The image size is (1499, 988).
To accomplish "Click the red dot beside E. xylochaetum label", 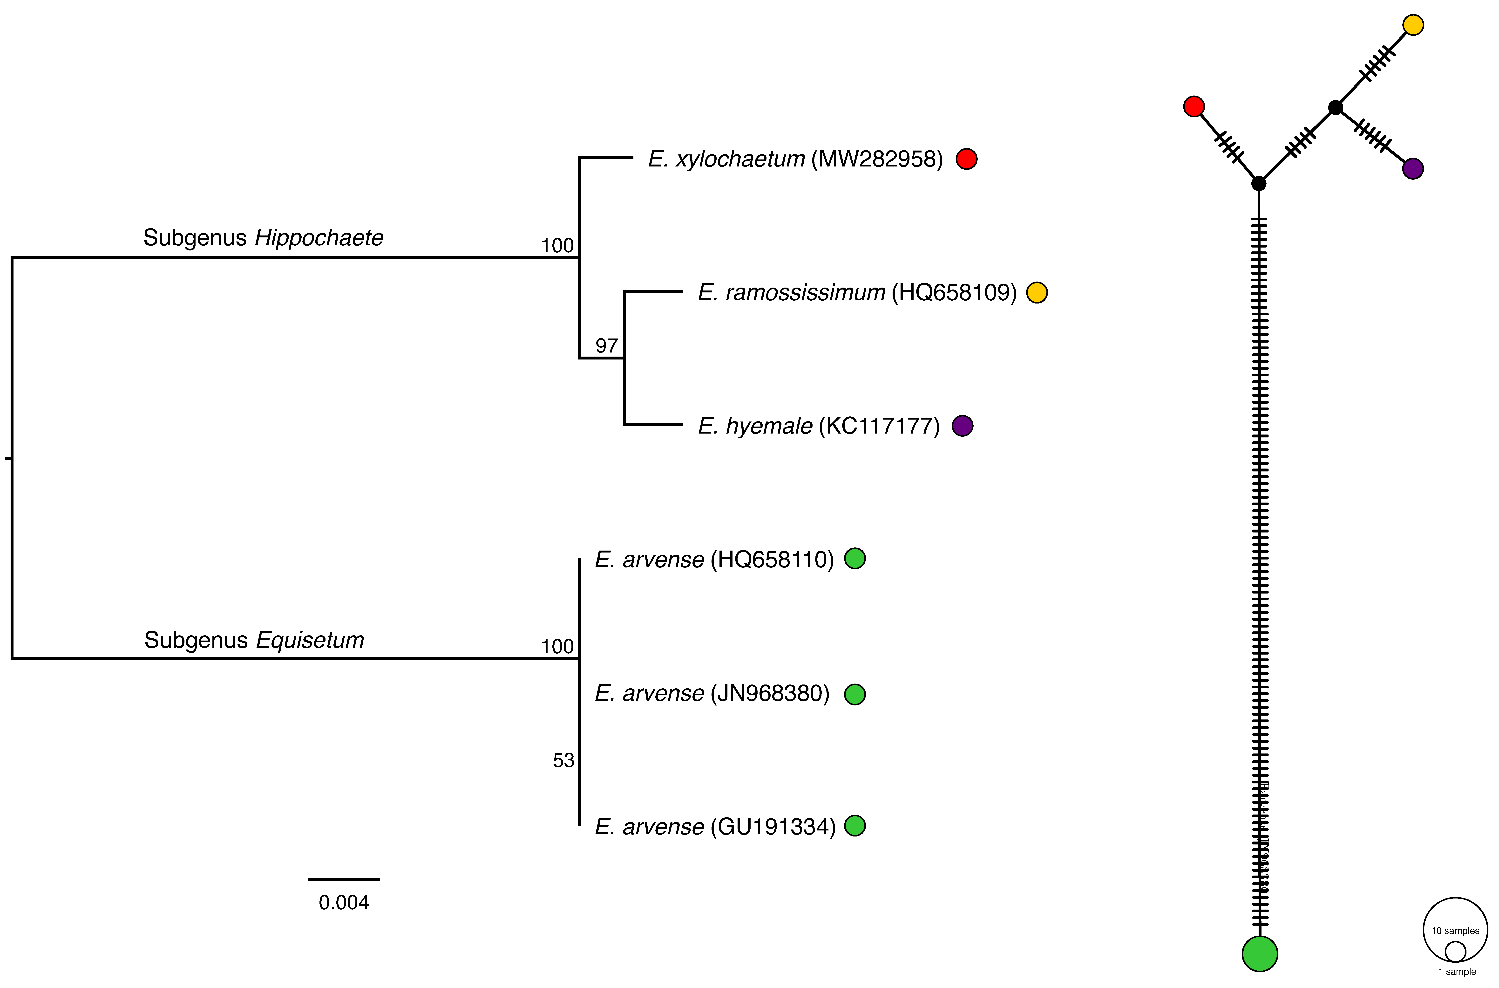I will [x=966, y=159].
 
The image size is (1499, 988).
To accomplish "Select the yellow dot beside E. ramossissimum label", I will [x=1037, y=292].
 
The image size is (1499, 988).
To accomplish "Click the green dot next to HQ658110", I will [x=855, y=558].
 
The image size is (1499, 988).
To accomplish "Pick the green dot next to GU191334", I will [x=855, y=825].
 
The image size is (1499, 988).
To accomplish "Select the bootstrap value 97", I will [x=607, y=346].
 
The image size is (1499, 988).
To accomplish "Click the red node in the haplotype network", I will [x=1194, y=106].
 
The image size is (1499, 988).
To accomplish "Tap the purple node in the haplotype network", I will [x=1413, y=169].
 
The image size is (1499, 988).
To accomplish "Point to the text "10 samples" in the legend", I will [x=1455, y=931].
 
